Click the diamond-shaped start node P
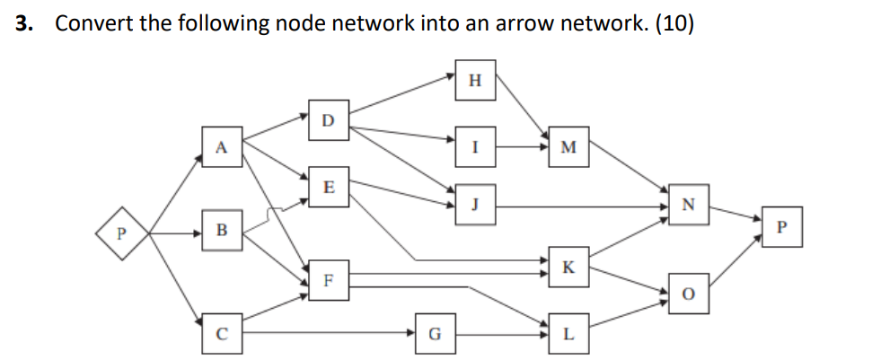(x=124, y=233)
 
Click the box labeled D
(x=328, y=119)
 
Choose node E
(x=328, y=186)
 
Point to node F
(x=328, y=279)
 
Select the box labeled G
(x=435, y=333)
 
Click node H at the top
(x=475, y=79)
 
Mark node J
(x=475, y=202)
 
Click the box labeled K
(x=567, y=266)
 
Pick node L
(x=567, y=333)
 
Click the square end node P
(x=780, y=226)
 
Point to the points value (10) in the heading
(x=674, y=23)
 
